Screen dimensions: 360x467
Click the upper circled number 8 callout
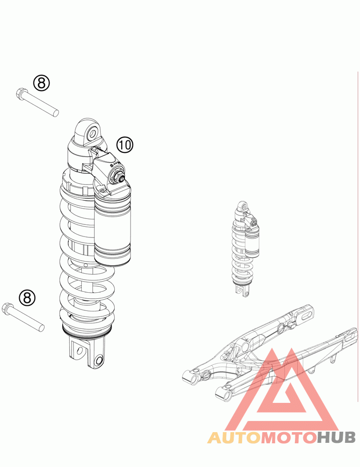[41, 83]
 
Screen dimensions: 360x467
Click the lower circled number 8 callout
[27, 297]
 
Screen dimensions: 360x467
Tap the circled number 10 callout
[125, 145]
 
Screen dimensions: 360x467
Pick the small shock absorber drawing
[245, 249]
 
